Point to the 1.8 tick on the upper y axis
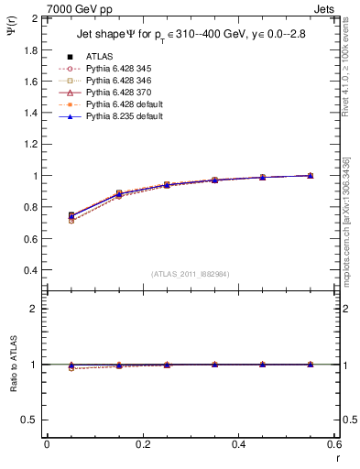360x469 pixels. click(x=33, y=49)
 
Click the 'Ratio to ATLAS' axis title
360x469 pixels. click(x=13, y=365)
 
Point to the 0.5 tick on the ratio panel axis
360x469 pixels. click(x=33, y=420)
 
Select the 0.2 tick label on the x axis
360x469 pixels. click(x=143, y=444)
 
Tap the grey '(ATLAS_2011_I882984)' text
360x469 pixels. click(x=191, y=273)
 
